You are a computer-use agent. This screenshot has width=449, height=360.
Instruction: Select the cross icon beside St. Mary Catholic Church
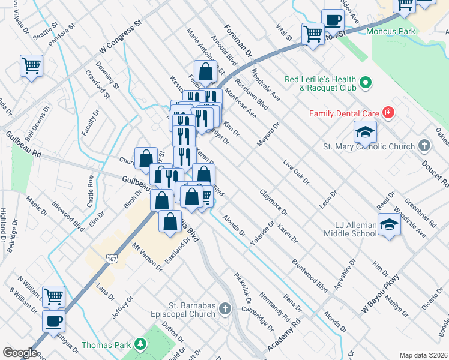coord(424,146)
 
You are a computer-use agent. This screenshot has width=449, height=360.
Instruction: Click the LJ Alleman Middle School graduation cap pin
coord(389,225)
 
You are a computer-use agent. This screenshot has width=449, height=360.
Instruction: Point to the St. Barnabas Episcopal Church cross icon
coord(225,309)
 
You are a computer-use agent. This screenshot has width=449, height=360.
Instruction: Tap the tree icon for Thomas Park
coord(140,344)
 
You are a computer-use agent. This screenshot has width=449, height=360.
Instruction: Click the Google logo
coord(20,352)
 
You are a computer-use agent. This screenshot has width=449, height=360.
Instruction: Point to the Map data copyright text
coord(423,355)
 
